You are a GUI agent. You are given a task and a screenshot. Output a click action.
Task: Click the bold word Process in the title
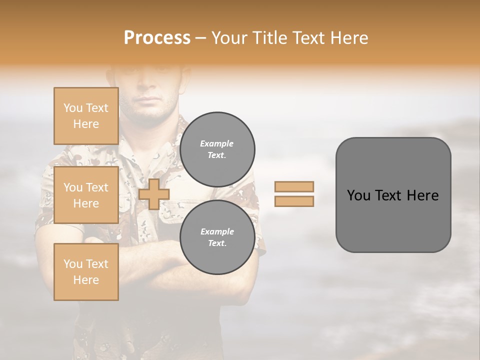tap(157, 38)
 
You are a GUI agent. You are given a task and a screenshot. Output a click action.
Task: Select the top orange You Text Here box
tap(86, 116)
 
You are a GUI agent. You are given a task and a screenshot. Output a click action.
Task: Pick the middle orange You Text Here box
tap(86, 195)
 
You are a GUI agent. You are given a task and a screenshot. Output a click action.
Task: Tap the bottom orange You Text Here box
tap(86, 272)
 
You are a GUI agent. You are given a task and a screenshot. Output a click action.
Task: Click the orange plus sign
tap(154, 194)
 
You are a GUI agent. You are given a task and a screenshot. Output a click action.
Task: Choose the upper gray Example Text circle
tap(217, 149)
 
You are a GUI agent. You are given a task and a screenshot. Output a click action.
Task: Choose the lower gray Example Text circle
tap(217, 237)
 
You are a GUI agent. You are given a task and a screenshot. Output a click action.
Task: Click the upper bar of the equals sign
tap(294, 186)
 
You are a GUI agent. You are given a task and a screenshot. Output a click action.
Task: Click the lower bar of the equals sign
tap(294, 201)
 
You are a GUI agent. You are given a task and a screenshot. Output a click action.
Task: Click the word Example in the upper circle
tap(216, 143)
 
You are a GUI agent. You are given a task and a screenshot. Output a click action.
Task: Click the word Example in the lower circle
tap(217, 231)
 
